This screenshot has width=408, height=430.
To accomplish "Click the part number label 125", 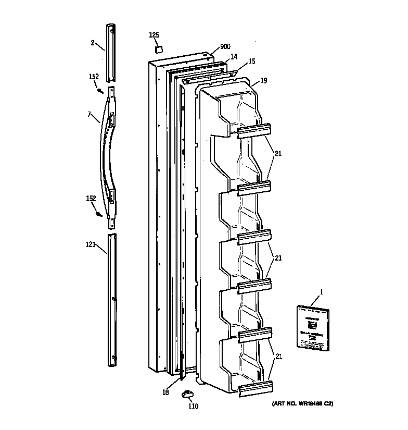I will [154, 35].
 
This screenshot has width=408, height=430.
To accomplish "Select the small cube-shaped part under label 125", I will [157, 48].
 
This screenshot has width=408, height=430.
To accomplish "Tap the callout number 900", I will [225, 46].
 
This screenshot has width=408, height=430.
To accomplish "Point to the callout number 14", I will [234, 56].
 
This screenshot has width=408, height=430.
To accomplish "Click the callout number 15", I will [252, 62].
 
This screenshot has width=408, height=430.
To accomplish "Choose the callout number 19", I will [263, 80].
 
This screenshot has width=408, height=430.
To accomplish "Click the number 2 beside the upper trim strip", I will [93, 43].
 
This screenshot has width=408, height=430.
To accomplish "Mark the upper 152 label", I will [93, 77].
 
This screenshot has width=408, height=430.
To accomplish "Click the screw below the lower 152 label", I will [98, 214].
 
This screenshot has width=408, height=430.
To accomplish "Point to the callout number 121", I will [91, 243].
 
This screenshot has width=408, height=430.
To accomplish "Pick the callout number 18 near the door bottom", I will [165, 392].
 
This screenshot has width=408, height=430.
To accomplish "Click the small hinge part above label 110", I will [187, 394].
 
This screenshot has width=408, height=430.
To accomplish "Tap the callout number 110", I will [193, 406].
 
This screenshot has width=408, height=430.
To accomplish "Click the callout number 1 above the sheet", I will [321, 292].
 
